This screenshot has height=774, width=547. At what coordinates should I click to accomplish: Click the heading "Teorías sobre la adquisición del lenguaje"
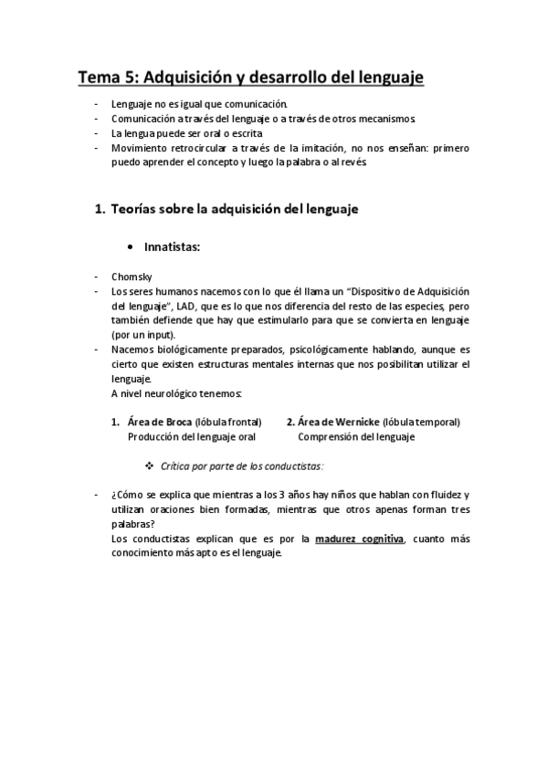(x=234, y=209)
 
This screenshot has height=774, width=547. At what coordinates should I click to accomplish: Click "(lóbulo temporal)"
(x=422, y=422)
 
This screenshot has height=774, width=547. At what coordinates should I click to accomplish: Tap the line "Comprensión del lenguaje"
(x=355, y=436)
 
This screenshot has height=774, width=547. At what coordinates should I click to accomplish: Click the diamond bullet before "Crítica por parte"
(x=149, y=465)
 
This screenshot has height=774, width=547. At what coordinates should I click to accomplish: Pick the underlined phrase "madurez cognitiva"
(x=359, y=539)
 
